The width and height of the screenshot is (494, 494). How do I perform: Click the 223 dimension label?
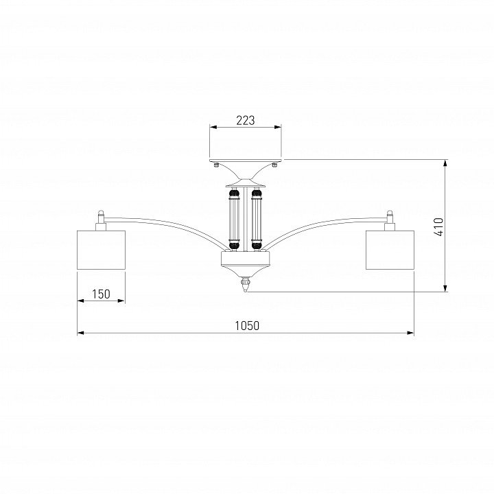(245, 120)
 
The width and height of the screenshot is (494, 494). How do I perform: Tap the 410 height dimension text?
(439, 226)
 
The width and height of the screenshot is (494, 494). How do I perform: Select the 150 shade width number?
(101, 294)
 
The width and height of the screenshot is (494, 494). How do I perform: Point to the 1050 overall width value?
(247, 325)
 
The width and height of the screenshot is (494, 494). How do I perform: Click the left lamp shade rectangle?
(102, 250)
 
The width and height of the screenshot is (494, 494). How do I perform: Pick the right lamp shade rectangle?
(390, 250)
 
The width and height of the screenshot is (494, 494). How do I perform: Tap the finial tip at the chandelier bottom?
(246, 290)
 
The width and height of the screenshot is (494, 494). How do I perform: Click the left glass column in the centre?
(234, 219)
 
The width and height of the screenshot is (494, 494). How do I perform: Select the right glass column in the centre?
(257, 219)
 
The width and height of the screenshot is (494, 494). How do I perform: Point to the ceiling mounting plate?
(246, 160)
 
